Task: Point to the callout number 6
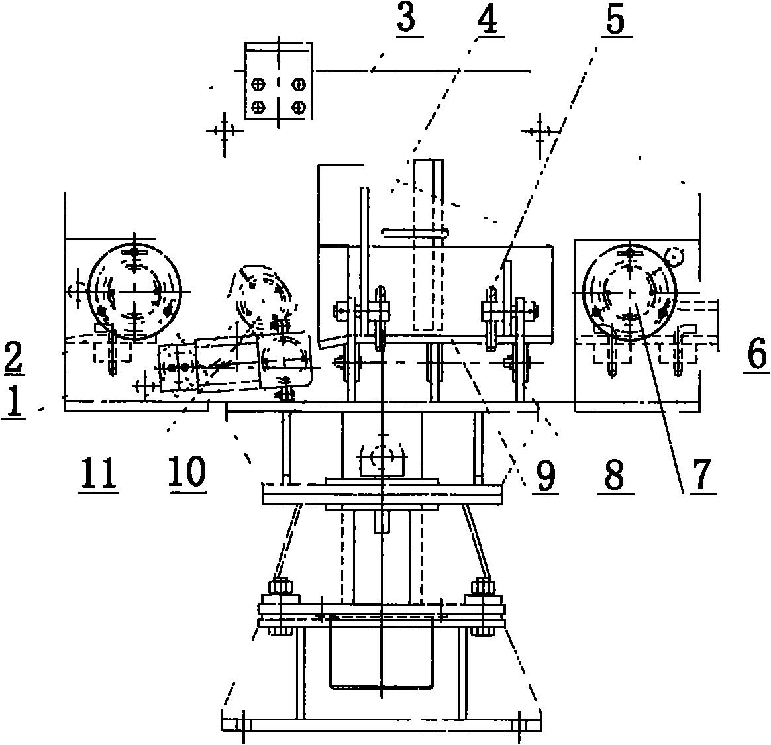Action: pos(756,354)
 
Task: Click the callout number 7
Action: pos(701,475)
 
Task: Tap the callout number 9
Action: pos(545,475)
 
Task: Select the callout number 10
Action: pos(187,472)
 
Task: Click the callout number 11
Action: pos(98,473)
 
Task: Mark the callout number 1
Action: pos(13,401)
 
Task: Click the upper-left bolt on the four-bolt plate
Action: pos(258,84)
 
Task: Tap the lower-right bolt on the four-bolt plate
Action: pos(298,106)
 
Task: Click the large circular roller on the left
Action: pos(134,292)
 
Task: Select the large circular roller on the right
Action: pos(629,292)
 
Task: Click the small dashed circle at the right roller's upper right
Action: pos(674,256)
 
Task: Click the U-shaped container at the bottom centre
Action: pos(382,654)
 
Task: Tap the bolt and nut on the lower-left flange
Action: pos(280,609)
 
